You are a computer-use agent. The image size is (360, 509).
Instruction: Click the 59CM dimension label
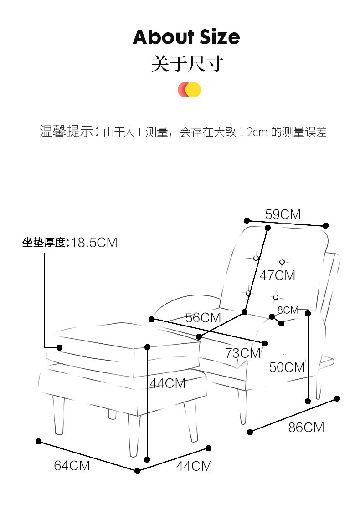(x=283, y=214)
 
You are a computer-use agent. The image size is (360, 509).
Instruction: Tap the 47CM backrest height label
(x=277, y=275)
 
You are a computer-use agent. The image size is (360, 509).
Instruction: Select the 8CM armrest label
(x=288, y=310)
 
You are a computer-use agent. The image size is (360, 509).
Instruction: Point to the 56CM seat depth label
(x=203, y=318)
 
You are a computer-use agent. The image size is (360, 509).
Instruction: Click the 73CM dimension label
(x=243, y=352)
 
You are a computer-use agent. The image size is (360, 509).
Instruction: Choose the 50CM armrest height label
(x=287, y=366)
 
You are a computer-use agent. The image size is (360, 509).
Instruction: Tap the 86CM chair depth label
(x=306, y=427)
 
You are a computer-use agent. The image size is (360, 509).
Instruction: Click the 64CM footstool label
(x=72, y=466)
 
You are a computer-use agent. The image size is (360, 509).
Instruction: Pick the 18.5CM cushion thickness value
(x=94, y=243)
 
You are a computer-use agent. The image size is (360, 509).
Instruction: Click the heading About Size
(x=186, y=37)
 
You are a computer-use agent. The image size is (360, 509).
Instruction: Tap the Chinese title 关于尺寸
(x=187, y=64)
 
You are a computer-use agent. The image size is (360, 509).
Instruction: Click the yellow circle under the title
(x=194, y=90)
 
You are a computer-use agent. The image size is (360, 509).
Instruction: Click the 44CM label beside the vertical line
(x=168, y=383)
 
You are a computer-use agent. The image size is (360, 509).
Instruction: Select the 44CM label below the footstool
(x=194, y=466)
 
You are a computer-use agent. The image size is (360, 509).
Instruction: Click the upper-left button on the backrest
(x=256, y=258)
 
